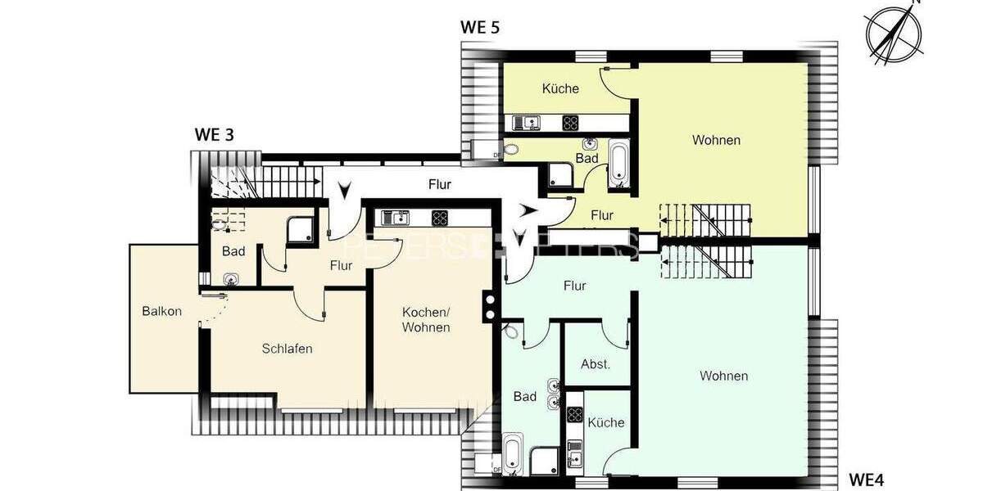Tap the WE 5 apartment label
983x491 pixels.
(x=480, y=26)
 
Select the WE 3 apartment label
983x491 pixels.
(x=214, y=135)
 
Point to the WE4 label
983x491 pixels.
(x=866, y=480)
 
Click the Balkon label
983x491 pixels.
(x=161, y=311)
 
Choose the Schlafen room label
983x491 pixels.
(x=287, y=349)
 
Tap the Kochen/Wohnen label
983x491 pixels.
(x=426, y=320)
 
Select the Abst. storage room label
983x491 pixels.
(x=596, y=364)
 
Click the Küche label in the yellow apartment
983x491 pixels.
(x=560, y=88)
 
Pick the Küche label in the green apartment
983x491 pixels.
(x=606, y=422)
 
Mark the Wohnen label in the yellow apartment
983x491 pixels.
(x=716, y=140)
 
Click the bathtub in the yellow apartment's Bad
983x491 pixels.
(x=618, y=164)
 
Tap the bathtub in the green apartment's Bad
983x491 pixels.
(x=513, y=453)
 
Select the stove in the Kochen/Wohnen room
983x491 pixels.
(x=440, y=218)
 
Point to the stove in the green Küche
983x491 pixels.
(x=575, y=415)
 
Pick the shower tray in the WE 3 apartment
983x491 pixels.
(x=299, y=231)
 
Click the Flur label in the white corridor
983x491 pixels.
(x=440, y=184)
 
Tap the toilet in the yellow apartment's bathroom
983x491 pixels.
(x=511, y=150)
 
